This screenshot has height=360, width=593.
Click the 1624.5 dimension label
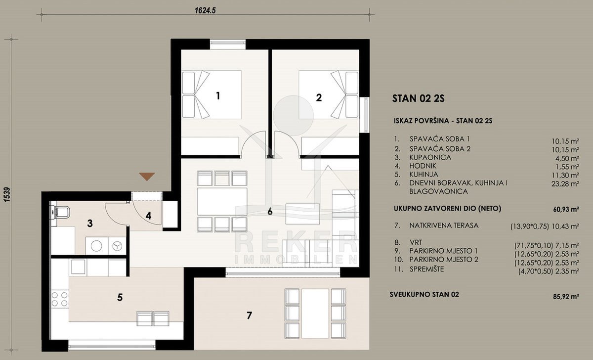pyautogui.click(x=205, y=10)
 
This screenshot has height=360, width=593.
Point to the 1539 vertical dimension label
pyautogui.click(x=7, y=195)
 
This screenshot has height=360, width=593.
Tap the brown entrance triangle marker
pyautogui.click(x=147, y=177)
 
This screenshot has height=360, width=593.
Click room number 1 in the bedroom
pyautogui.click(x=218, y=96)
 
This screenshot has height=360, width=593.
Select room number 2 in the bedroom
pyautogui.click(x=319, y=98)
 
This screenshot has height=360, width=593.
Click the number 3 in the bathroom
pyautogui.click(x=90, y=224)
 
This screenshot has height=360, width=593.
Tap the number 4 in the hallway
pyautogui.click(x=149, y=216)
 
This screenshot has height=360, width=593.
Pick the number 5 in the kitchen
pyautogui.click(x=120, y=298)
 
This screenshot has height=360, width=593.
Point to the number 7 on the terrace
pyautogui.click(x=249, y=315)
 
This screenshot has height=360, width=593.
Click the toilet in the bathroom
pyautogui.click(x=60, y=212)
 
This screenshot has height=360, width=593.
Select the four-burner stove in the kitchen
pyautogui.click(x=59, y=299)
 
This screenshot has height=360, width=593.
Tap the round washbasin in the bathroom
pyautogui.click(x=97, y=246)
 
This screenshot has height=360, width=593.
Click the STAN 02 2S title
pyautogui.click(x=418, y=98)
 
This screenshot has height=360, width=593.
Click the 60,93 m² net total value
pyautogui.click(x=566, y=210)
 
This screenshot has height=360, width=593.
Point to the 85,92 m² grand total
pyautogui.click(x=566, y=296)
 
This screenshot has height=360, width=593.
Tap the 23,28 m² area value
pyautogui.click(x=565, y=183)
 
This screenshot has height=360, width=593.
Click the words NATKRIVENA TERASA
pyautogui.click(x=444, y=225)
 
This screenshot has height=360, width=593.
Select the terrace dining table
pyautogui.click(x=315, y=314)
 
